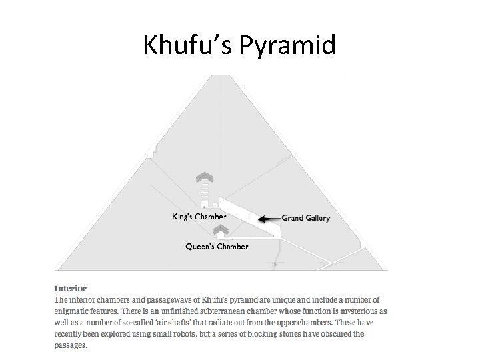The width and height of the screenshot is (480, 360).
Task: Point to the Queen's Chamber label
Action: (x=217, y=247)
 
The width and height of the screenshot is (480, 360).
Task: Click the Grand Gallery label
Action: (x=305, y=218)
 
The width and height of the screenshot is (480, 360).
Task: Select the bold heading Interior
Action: (x=70, y=289)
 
